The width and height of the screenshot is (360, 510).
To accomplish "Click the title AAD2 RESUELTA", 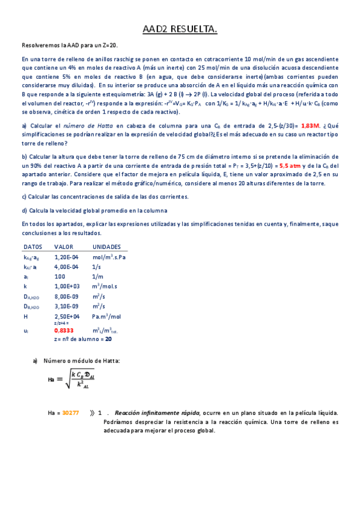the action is (x=180, y=29).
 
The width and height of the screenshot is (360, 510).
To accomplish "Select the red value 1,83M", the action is (x=310, y=126).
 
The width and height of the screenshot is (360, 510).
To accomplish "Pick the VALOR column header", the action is (x=64, y=247).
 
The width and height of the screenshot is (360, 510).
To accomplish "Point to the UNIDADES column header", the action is (x=106, y=247).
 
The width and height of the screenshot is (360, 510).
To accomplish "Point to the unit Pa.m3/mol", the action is (x=107, y=316).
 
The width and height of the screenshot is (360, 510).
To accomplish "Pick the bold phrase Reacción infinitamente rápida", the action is (x=150, y=413).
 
